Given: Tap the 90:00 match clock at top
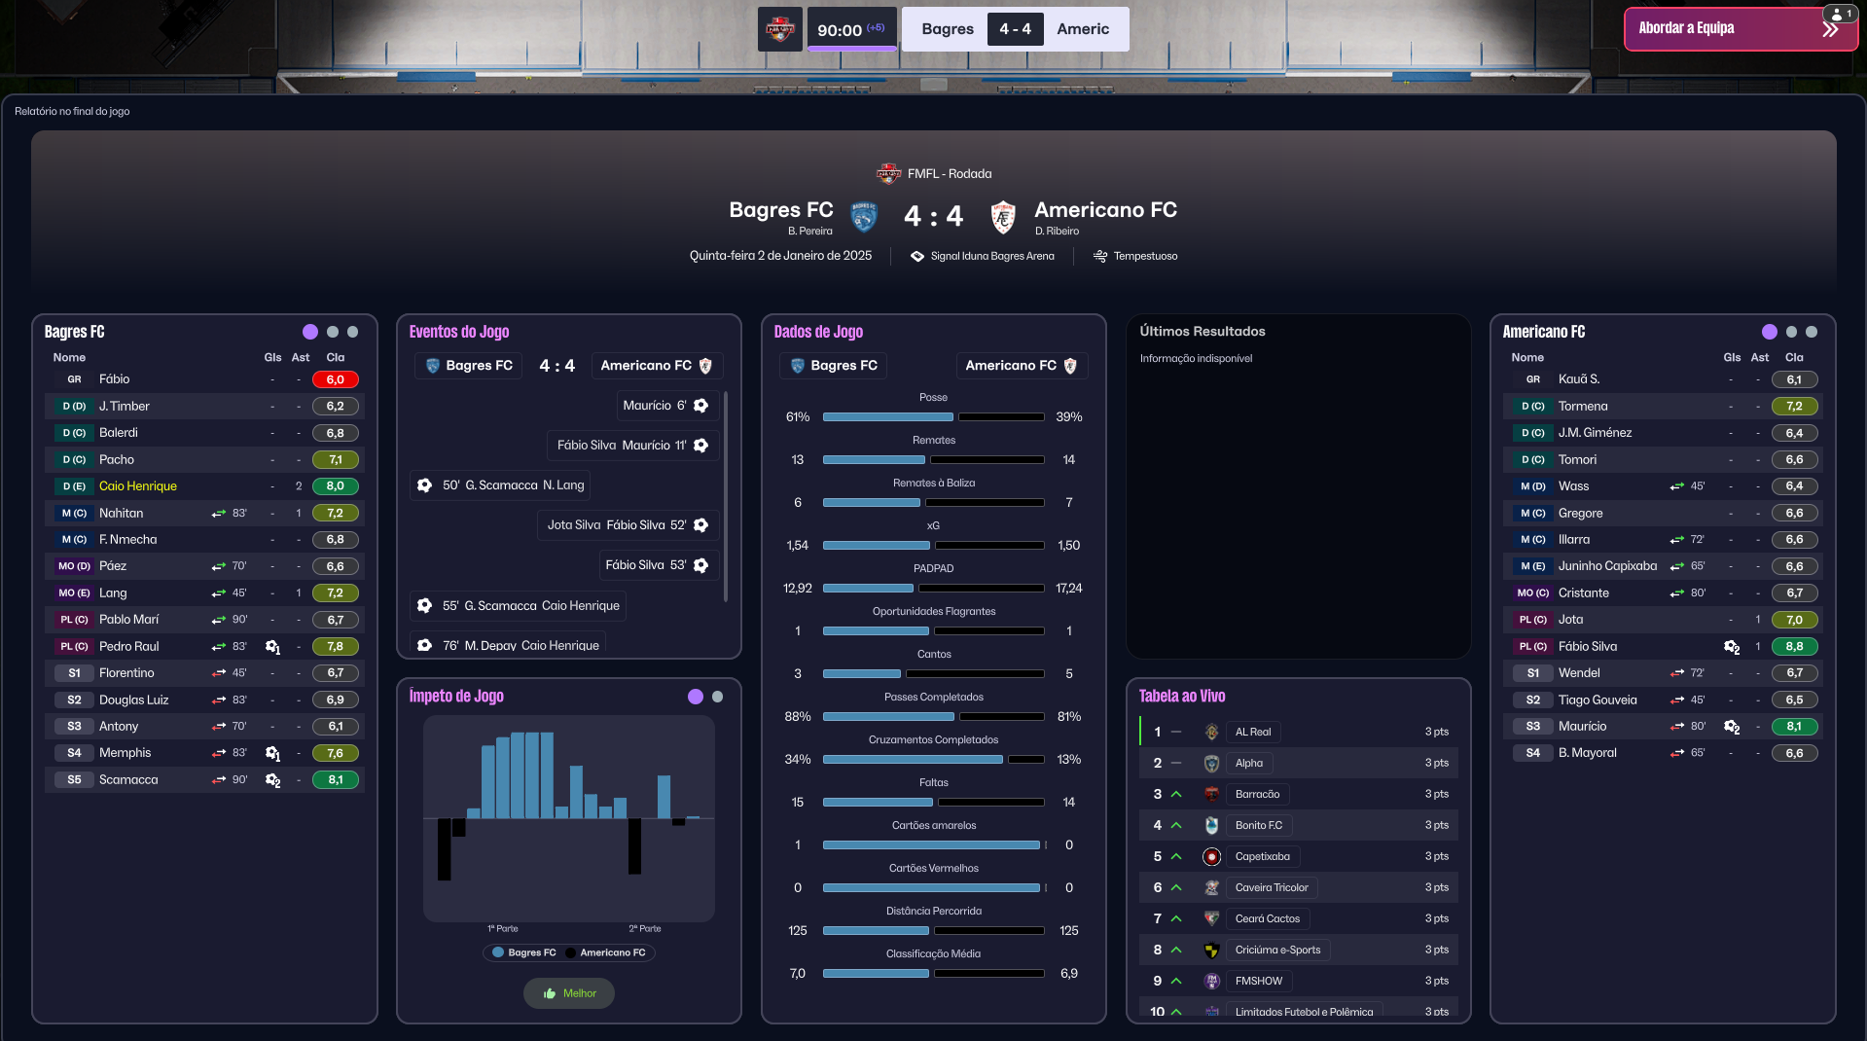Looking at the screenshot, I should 839,30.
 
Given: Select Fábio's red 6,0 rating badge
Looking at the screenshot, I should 335,379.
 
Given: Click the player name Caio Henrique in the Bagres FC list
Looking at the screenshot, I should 138,486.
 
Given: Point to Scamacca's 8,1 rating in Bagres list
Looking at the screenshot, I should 335,779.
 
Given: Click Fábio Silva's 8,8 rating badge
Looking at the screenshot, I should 1793,646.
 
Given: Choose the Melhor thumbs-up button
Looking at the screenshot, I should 569,993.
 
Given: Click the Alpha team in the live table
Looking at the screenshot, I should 1249,763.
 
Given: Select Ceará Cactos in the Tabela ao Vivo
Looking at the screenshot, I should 1267,918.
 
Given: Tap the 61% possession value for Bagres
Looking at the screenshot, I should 798,416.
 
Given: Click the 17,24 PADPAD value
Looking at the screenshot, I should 1068,588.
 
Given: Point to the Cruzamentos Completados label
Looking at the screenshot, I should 933,739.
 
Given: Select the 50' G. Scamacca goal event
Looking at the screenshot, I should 501,485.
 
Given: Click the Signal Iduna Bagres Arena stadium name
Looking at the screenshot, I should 991,256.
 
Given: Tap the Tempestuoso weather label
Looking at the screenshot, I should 1145,256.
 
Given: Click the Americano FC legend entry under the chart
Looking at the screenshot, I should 612,952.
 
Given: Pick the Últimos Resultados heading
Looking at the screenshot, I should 1202,331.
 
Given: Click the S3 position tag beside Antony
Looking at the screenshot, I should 74,726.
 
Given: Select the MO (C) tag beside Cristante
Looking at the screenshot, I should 1532,592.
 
